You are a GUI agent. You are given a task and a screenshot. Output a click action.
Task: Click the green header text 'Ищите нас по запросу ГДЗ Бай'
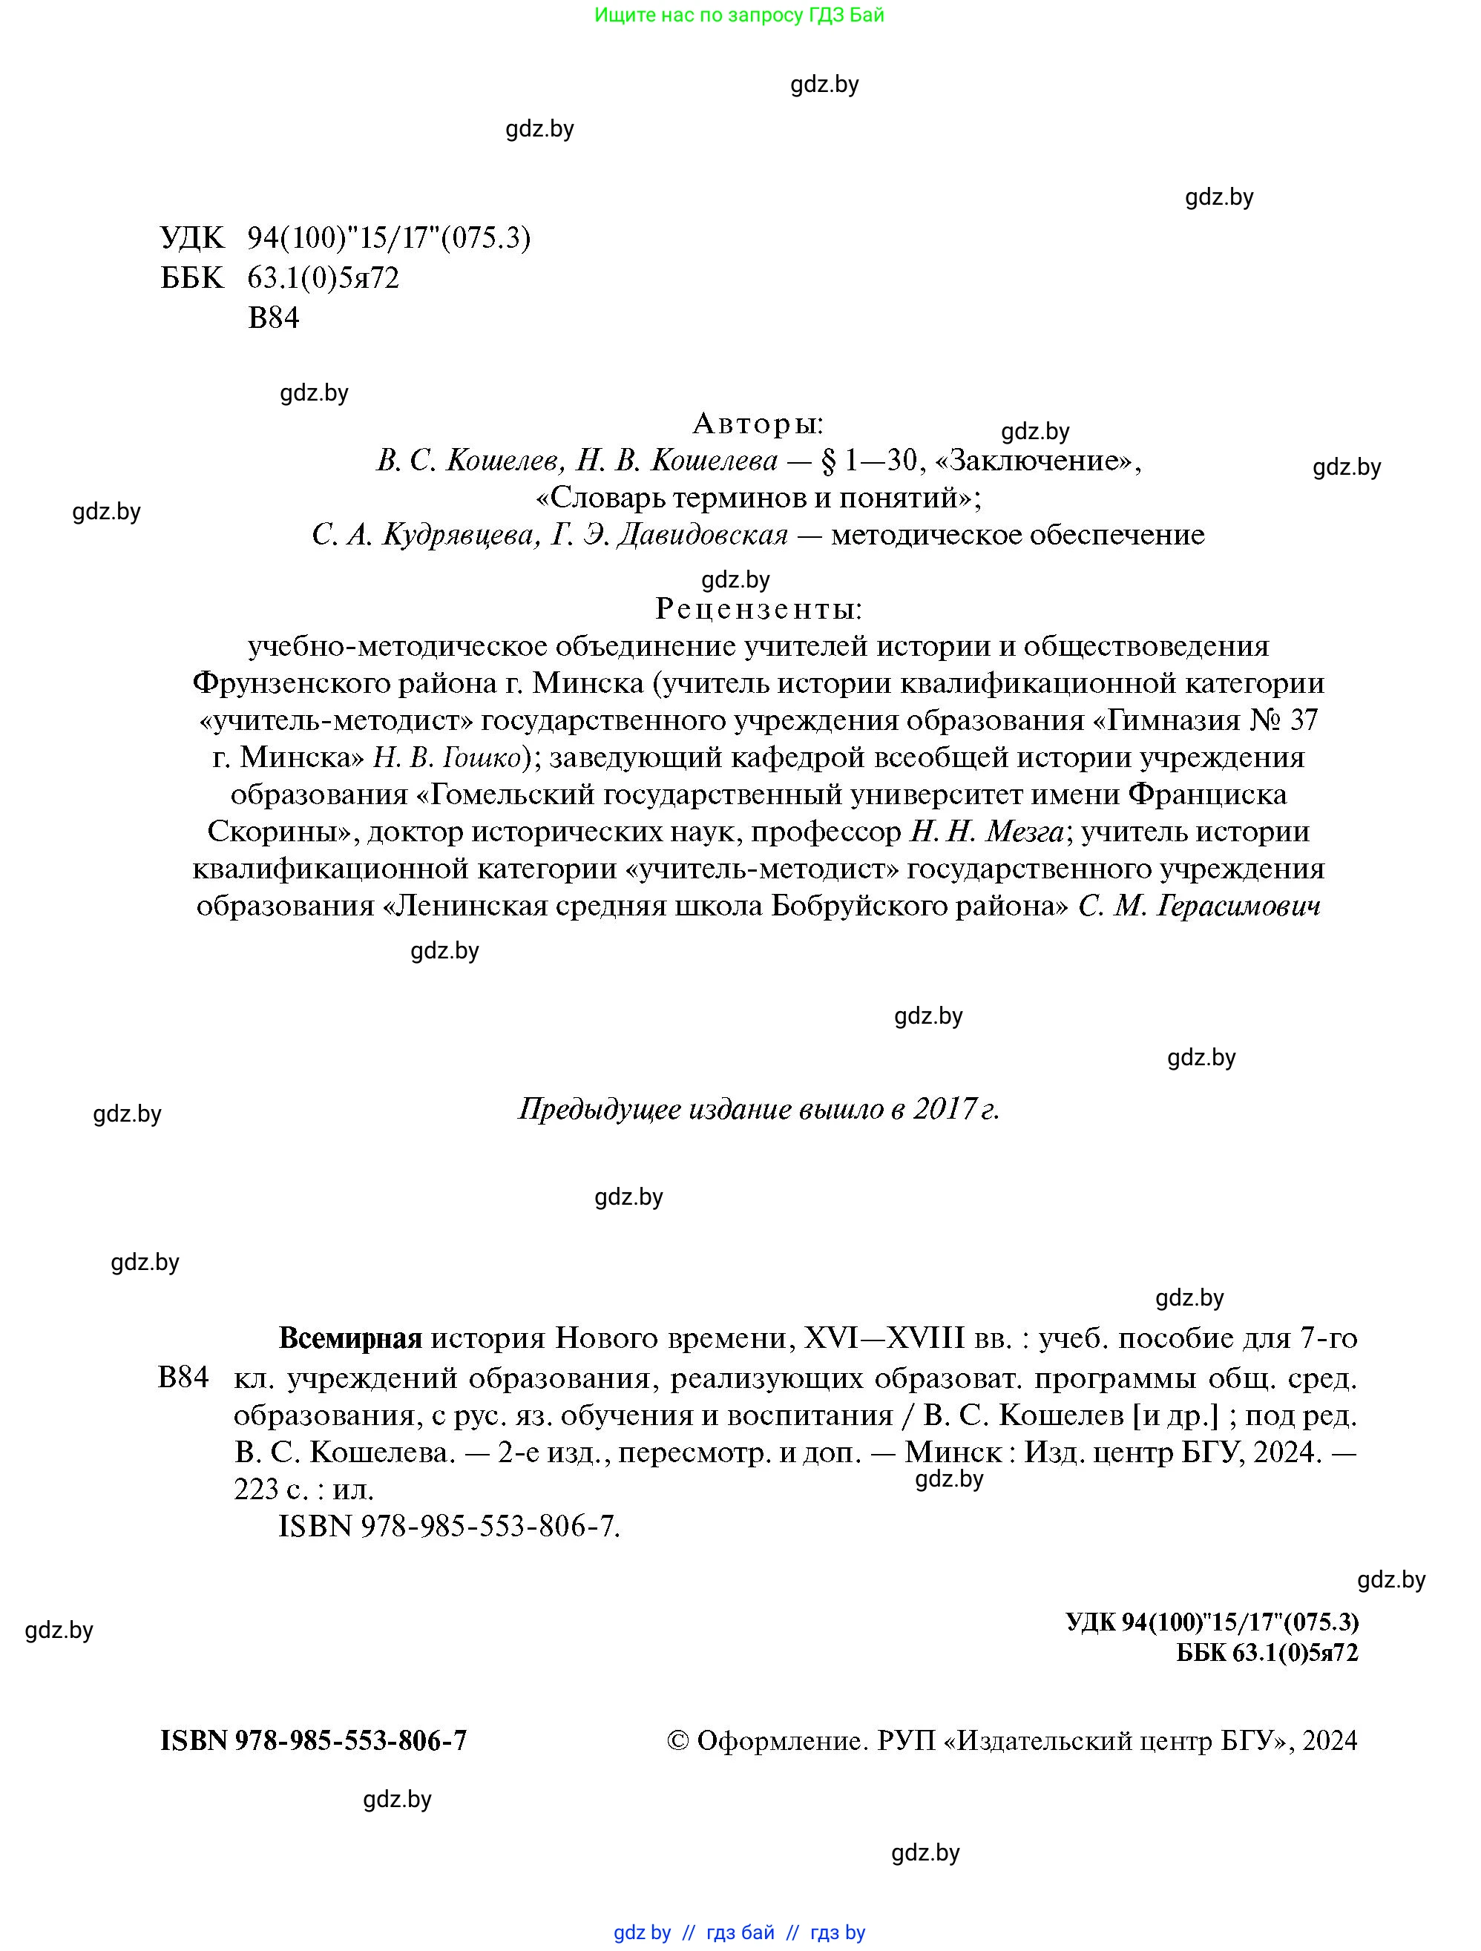click(x=739, y=15)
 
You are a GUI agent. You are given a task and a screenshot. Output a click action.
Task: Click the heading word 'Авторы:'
click(x=758, y=424)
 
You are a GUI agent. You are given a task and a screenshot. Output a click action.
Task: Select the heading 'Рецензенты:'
click(x=758, y=608)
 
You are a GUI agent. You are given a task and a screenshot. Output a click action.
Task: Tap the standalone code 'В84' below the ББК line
click(x=274, y=318)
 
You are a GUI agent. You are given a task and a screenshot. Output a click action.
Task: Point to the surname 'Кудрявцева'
click(x=458, y=536)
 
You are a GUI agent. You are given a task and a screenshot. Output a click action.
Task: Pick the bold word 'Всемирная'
click(x=350, y=1338)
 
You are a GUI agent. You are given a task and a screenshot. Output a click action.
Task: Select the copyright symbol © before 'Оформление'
click(x=677, y=1741)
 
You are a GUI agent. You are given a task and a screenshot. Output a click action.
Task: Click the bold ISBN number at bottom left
click(x=313, y=1741)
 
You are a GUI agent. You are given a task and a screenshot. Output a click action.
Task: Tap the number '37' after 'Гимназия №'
click(x=1303, y=720)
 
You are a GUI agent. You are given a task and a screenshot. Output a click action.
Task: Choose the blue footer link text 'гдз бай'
click(x=740, y=1933)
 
